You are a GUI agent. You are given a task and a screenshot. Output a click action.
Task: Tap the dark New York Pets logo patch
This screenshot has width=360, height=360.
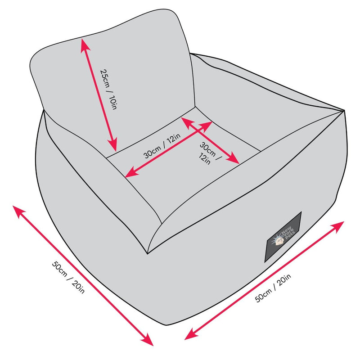click(x=283, y=237)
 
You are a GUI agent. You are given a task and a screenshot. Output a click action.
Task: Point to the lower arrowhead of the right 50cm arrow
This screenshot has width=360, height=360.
click(x=188, y=337)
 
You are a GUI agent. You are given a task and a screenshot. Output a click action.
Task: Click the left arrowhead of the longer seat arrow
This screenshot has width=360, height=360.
click(x=127, y=175)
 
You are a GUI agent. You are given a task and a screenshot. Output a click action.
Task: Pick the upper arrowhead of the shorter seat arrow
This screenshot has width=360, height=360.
click(x=183, y=120)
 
